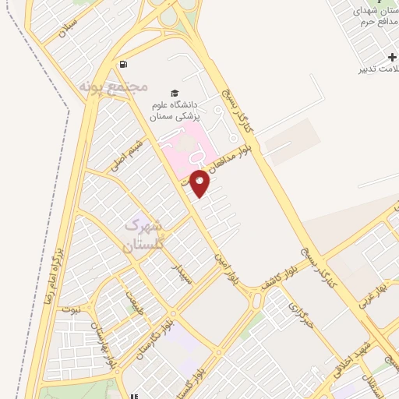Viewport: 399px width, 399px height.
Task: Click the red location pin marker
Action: [x=200, y=182]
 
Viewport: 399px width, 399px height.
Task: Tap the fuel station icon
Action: [x=123, y=64]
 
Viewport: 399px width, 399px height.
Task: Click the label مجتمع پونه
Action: [x=114, y=85]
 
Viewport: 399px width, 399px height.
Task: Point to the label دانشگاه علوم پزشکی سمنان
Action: [x=176, y=110]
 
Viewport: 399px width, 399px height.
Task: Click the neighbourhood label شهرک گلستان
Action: [x=143, y=235]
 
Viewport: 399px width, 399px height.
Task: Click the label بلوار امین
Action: [x=228, y=268]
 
